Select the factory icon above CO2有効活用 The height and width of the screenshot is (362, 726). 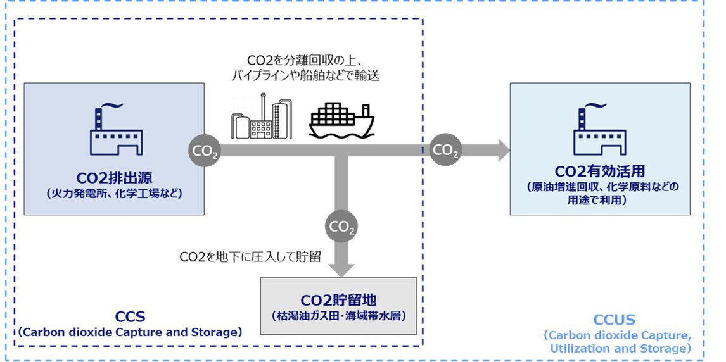point(599,129)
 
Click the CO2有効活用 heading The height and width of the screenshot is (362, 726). point(600,172)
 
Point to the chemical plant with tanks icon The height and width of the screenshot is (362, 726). point(261,117)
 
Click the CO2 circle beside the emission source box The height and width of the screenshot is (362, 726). point(204,152)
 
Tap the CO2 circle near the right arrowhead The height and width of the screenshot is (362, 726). point(446,151)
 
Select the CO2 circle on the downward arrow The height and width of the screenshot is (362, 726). point(341,227)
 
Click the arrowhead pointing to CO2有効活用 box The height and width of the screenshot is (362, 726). point(502,151)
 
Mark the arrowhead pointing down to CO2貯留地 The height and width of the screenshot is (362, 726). point(341,268)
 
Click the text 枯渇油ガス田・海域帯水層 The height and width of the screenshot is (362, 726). point(338,315)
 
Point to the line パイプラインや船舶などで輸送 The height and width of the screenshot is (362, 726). point(306,75)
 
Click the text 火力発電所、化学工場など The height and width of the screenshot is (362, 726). point(114,194)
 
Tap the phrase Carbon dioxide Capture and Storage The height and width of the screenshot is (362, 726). point(130,332)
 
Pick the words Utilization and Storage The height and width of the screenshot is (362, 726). point(618,348)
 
